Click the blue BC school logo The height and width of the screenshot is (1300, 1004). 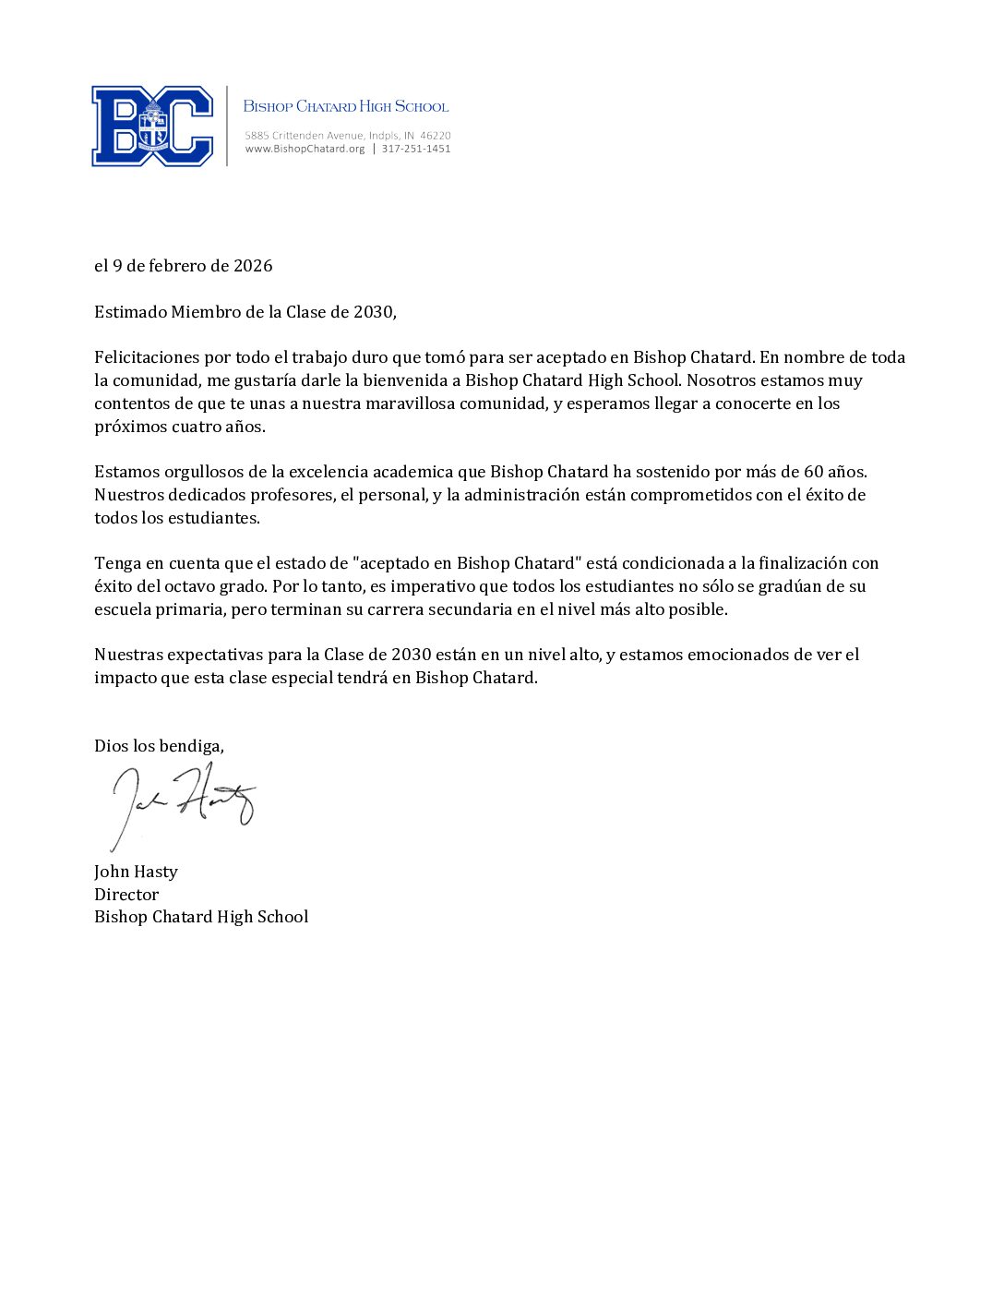[x=152, y=126]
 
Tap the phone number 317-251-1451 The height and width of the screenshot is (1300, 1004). [x=416, y=149]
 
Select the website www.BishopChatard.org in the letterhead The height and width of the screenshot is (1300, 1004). [x=305, y=149]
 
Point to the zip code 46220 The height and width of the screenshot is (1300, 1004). [x=435, y=136]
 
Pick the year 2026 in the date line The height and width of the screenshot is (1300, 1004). [x=253, y=266]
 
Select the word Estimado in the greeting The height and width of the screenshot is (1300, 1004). [x=130, y=312]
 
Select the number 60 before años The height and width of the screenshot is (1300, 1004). [x=813, y=472]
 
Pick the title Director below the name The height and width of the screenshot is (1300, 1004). [x=126, y=895]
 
